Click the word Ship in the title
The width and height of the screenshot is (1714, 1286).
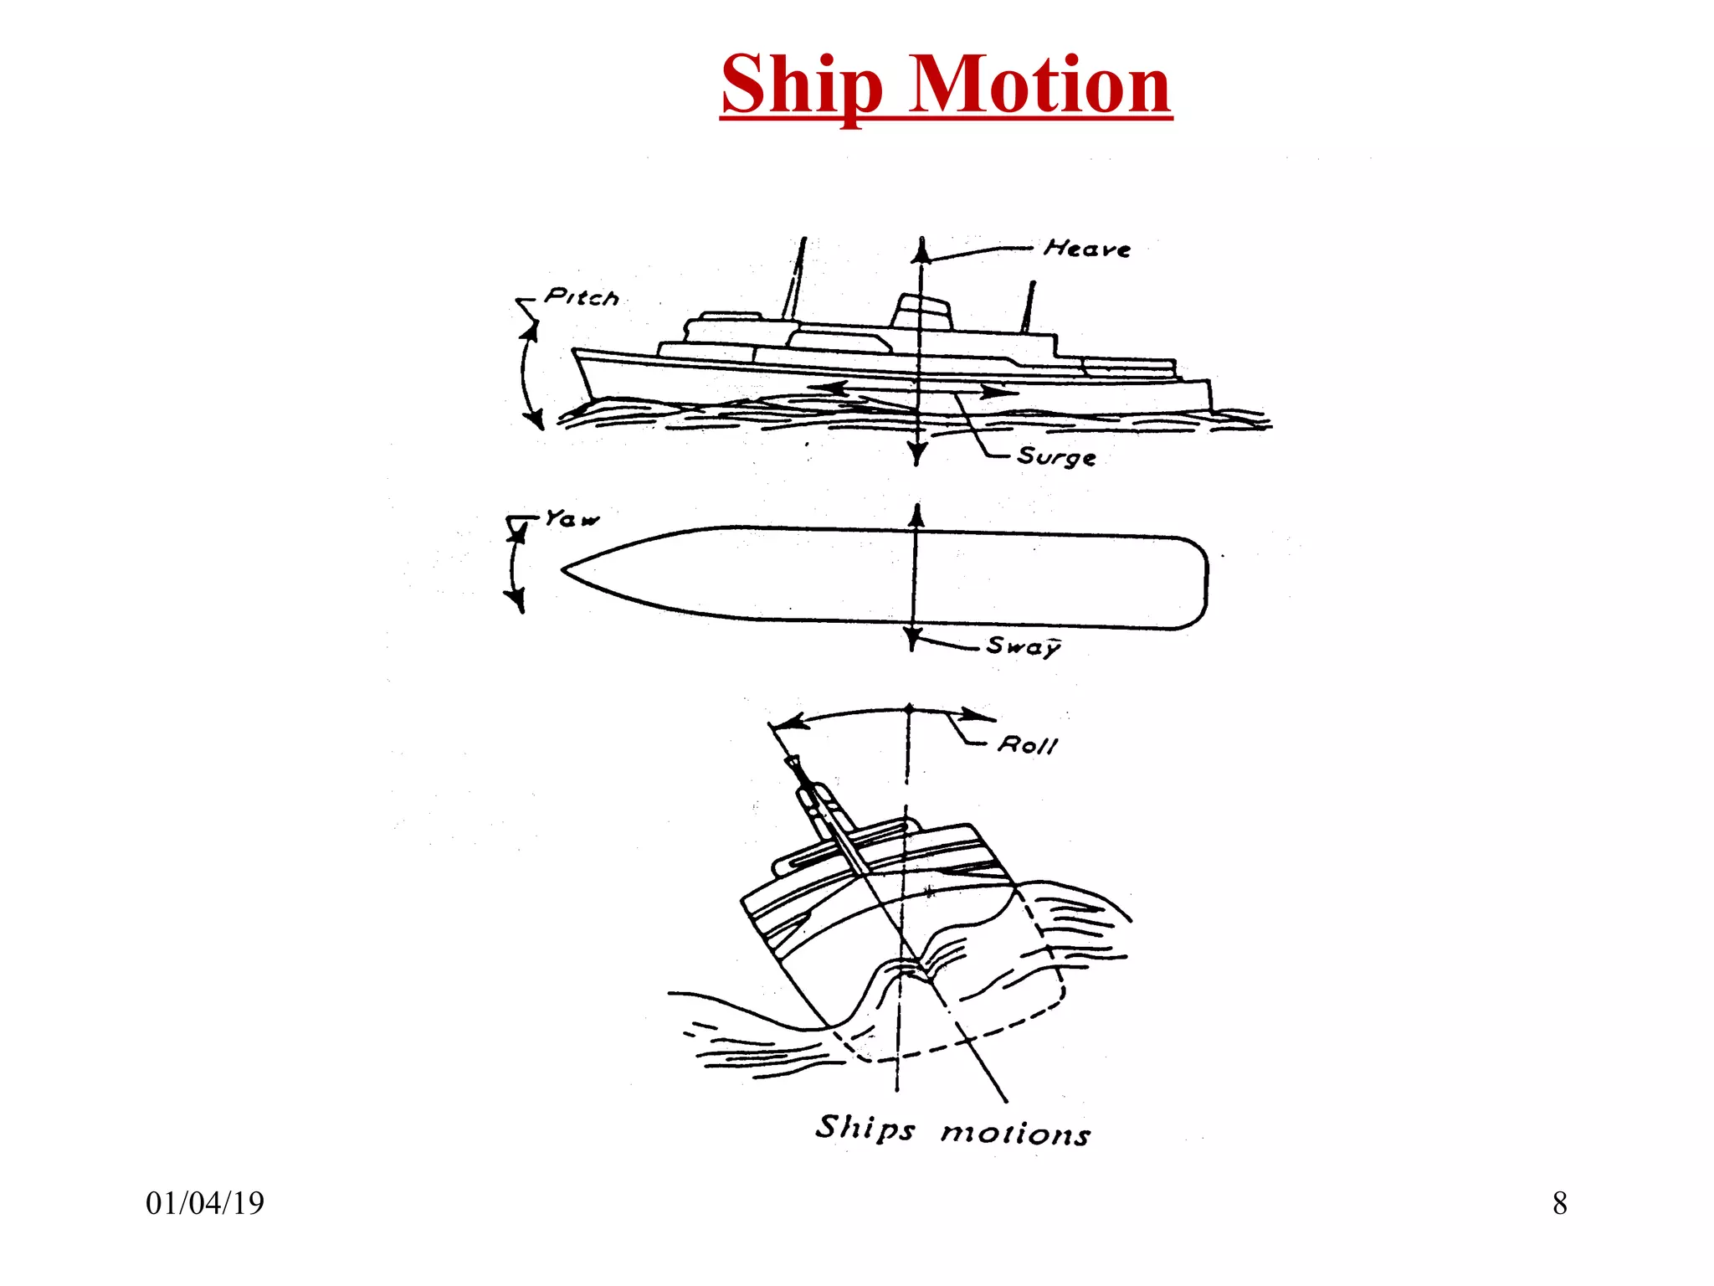(x=801, y=85)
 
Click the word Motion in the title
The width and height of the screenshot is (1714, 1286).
(x=1039, y=85)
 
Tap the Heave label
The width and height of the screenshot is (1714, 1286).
(x=1087, y=249)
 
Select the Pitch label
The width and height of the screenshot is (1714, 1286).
(x=581, y=297)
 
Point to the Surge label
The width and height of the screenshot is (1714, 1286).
(x=1056, y=456)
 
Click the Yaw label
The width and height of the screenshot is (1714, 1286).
(x=572, y=519)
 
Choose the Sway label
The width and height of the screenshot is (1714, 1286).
(x=1023, y=646)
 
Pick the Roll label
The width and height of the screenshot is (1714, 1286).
(x=1028, y=744)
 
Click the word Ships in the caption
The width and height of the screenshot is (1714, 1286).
(x=865, y=1129)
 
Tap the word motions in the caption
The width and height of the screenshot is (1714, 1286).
(x=1015, y=1134)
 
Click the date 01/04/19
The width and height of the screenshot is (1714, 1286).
(x=205, y=1203)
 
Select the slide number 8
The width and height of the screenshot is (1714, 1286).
(x=1559, y=1203)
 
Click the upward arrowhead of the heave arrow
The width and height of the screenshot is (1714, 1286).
(x=921, y=249)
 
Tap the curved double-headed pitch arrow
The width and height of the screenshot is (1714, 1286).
(x=526, y=375)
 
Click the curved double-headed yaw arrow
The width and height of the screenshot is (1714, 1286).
(x=513, y=566)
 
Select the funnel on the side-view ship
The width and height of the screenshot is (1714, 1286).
(x=921, y=311)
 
